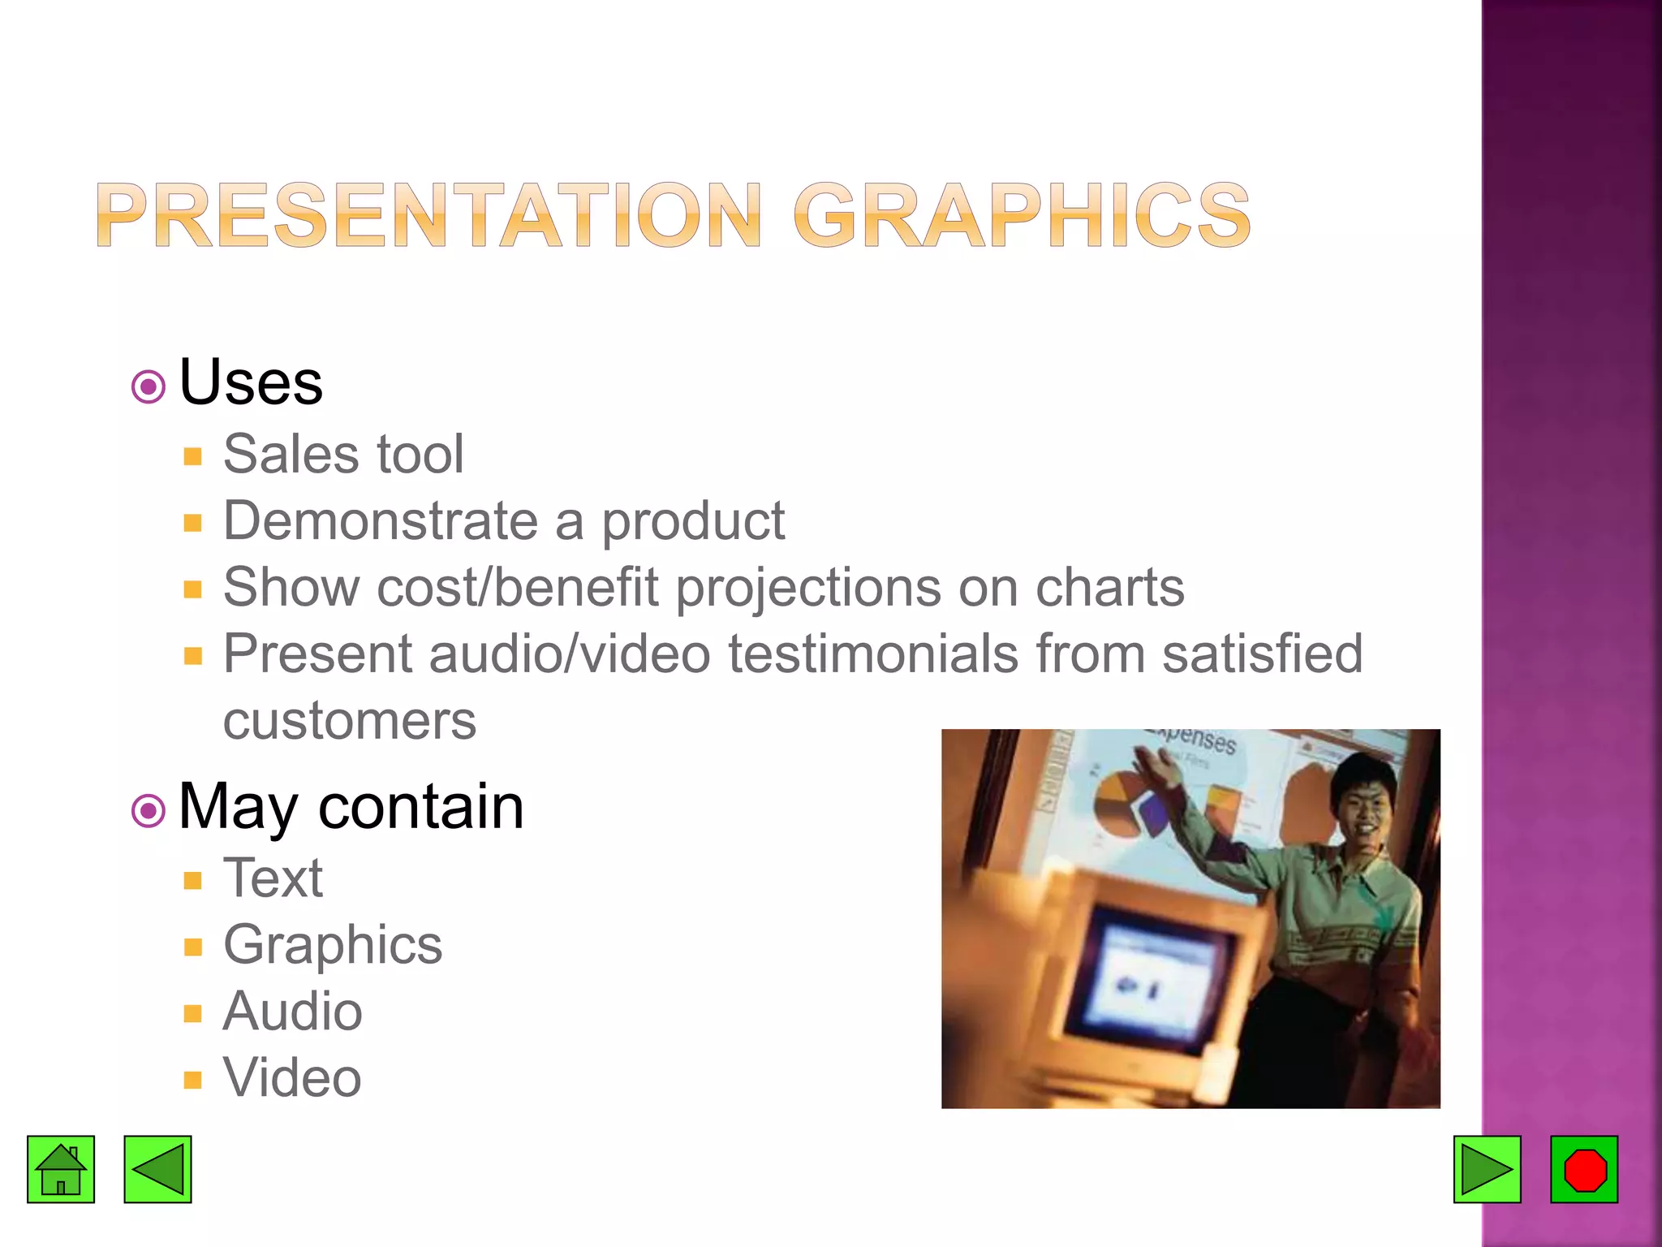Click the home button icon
point(61,1169)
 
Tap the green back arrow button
point(157,1169)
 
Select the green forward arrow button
point(1487,1169)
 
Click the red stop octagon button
point(1584,1169)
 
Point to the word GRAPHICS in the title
point(1023,214)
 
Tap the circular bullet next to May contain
point(148,809)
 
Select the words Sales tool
point(343,454)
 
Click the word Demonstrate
point(380,520)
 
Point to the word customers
point(349,721)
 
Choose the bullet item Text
point(273,878)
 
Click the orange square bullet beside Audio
point(192,1013)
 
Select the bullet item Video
point(292,1078)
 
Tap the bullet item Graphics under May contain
point(333,945)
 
